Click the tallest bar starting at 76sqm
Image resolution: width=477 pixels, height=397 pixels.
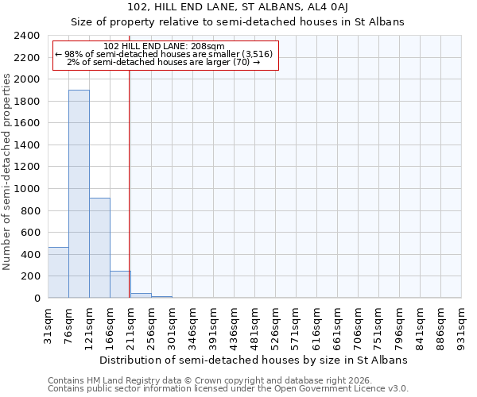(x=79, y=194)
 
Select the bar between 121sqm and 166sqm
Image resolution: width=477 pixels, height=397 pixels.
(x=99, y=248)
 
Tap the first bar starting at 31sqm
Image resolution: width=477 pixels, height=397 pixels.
(x=58, y=272)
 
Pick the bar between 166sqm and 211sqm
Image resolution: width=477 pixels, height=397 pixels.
(x=120, y=284)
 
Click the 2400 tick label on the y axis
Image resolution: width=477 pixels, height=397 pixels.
(x=28, y=36)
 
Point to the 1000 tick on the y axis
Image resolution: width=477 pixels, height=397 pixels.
(x=28, y=189)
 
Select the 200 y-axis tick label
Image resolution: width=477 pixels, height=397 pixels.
(x=31, y=276)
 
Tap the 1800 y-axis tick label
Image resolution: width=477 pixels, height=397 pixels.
(x=28, y=102)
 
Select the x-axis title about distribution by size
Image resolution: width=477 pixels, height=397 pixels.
(x=254, y=360)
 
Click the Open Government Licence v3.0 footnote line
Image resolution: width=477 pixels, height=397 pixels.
(x=228, y=389)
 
